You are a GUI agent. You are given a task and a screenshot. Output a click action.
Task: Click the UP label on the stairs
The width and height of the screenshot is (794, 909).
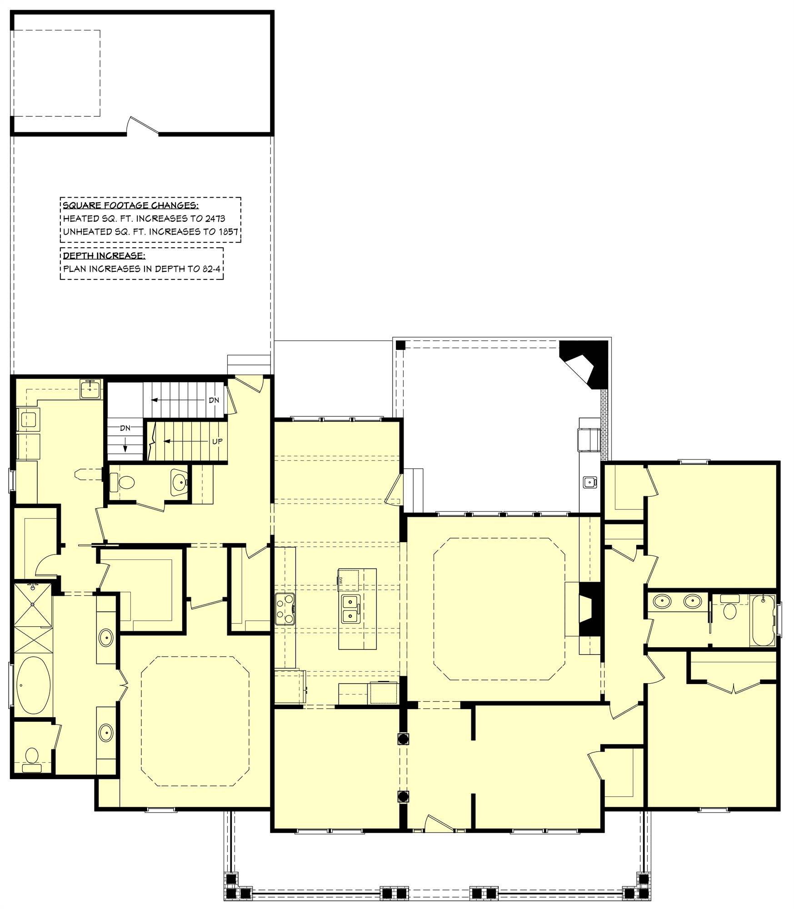click(217, 441)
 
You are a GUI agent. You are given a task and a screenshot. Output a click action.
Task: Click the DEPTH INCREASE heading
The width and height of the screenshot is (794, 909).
click(104, 255)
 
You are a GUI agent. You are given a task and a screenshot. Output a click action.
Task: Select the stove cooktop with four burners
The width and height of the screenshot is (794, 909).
click(285, 609)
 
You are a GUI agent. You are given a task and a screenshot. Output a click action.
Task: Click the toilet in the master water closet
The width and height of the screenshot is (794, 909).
click(32, 757)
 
